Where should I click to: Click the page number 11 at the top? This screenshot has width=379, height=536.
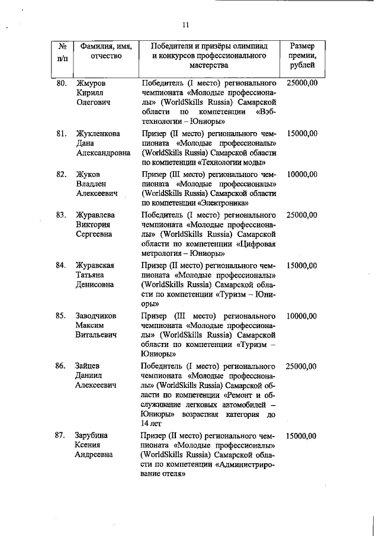coord(185,25)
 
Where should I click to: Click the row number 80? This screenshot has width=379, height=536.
coord(61,83)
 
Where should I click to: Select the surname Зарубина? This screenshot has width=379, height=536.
coord(92,436)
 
